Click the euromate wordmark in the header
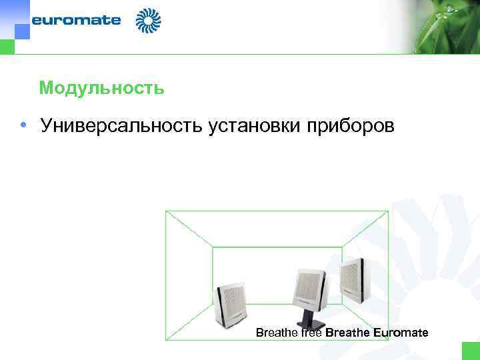tap(76, 20)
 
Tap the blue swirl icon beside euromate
tap(148, 21)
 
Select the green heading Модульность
tap(101, 88)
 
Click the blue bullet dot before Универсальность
tap(23, 125)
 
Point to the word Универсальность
tap(123, 125)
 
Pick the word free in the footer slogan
tap(310, 332)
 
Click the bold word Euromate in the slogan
tap(401, 332)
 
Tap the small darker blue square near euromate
tap(22, 31)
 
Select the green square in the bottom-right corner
tap(471, 351)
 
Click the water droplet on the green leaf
tap(451, 9)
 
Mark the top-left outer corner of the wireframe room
tap(166, 211)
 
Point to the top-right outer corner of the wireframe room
tap(388, 211)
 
